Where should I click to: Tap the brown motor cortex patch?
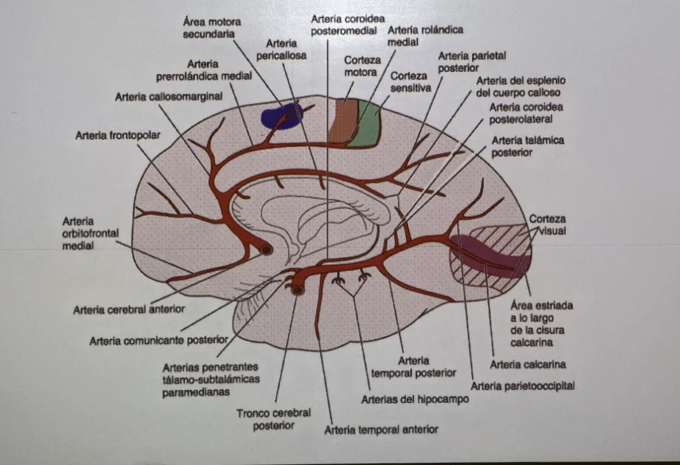(344, 122)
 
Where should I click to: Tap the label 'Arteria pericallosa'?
(281, 50)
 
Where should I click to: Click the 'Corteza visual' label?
(547, 224)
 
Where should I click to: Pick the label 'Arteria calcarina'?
(528, 365)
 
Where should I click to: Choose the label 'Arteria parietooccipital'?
(523, 386)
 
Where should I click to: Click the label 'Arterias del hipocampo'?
(414, 399)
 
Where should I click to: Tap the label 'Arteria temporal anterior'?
(381, 428)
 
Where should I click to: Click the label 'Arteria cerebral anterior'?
(129, 308)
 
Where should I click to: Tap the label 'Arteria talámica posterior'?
(528, 145)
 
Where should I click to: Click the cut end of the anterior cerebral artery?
(266, 249)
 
